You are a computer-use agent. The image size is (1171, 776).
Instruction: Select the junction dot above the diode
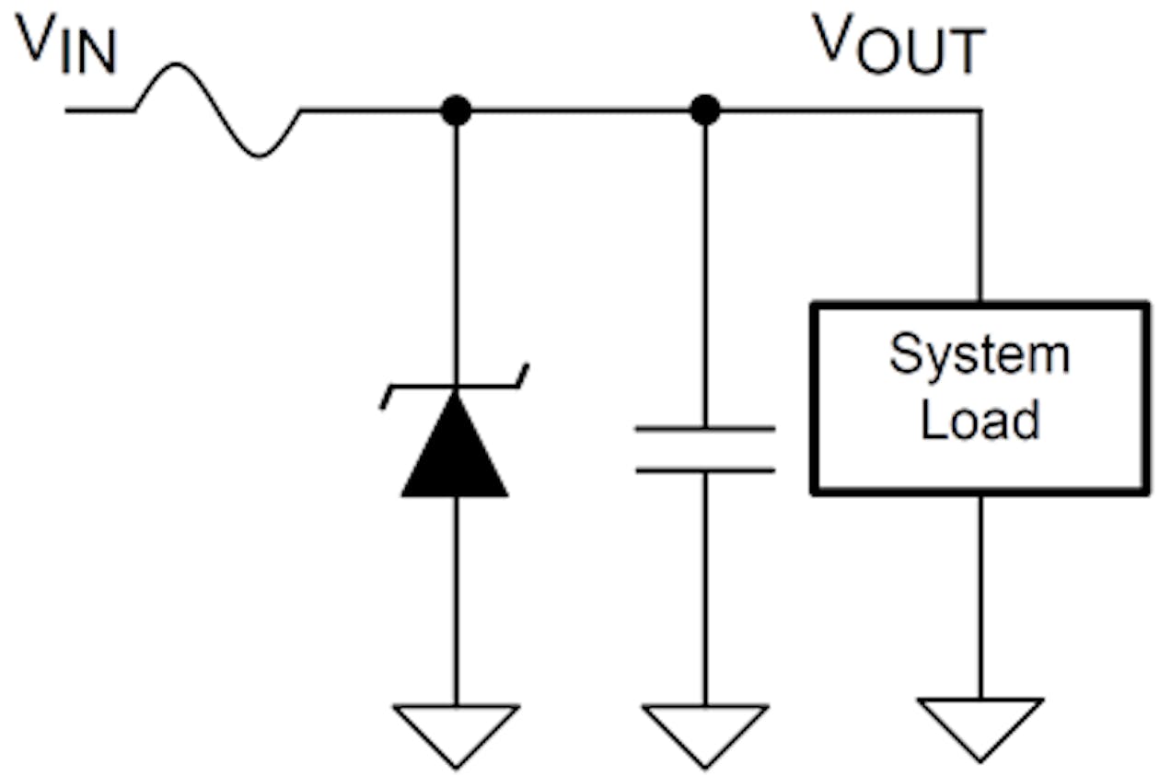455,110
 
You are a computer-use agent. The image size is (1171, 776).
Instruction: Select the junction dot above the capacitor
704,110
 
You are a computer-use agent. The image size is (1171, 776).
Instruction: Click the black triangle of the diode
455,451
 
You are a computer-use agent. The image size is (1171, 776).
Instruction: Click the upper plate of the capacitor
704,429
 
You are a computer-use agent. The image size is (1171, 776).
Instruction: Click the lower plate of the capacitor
704,470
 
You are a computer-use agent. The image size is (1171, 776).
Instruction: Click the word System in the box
979,355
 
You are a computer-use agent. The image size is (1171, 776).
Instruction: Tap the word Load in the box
979,420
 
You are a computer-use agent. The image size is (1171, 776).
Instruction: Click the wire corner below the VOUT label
980,110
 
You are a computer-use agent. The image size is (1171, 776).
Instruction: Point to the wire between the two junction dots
580,110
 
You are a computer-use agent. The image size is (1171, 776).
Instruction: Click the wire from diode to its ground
455,598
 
